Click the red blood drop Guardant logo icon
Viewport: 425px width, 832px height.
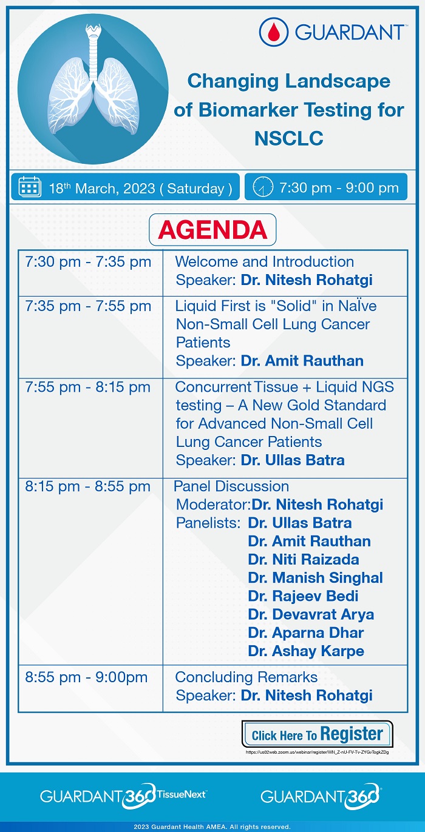coord(274,32)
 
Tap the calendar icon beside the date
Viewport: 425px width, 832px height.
coord(30,187)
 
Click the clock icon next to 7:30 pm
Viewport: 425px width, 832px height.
coord(263,187)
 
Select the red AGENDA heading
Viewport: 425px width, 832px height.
coord(212,230)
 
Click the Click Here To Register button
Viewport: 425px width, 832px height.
coord(317,734)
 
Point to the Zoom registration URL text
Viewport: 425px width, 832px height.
coord(317,752)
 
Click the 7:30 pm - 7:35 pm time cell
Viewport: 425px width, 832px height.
coord(88,262)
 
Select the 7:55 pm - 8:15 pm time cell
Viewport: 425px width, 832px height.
coord(88,387)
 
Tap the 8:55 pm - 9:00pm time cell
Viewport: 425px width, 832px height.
coord(86,677)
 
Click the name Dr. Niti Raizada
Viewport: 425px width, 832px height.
coord(304,559)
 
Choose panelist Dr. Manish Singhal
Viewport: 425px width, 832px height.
coord(315,577)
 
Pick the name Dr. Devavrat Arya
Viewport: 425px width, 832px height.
coord(311,614)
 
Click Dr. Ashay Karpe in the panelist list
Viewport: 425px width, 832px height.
coord(306,651)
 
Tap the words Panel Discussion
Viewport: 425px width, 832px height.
coord(231,486)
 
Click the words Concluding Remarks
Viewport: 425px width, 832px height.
coord(246,677)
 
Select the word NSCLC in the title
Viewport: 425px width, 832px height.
coord(289,138)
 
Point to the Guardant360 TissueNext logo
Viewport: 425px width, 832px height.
coord(123,796)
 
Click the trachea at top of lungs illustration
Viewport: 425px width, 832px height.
coord(93,52)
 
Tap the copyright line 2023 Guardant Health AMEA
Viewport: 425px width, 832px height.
coord(212,827)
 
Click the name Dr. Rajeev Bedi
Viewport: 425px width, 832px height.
coord(303,595)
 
